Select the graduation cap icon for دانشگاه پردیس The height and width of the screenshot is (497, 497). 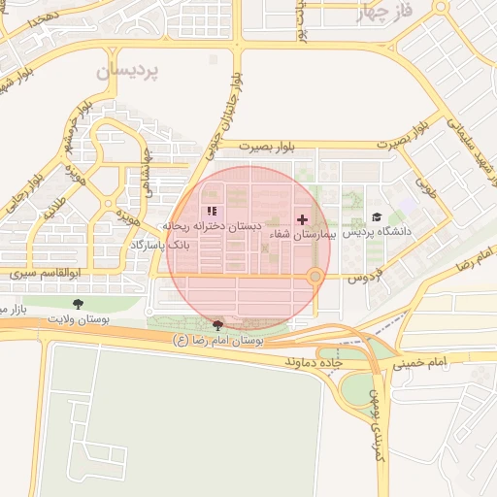(377, 216)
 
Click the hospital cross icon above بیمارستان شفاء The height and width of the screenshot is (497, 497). (302, 219)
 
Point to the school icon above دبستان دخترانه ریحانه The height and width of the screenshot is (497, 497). (212, 212)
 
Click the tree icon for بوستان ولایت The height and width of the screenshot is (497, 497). (78, 305)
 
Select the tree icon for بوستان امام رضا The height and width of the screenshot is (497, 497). (217, 326)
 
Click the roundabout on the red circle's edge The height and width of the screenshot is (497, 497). (315, 278)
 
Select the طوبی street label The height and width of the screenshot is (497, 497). (425, 182)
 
